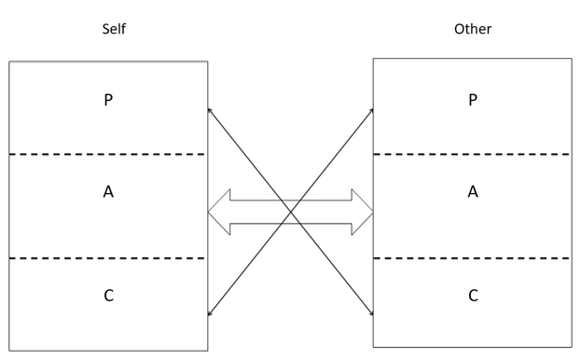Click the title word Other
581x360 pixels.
(x=472, y=29)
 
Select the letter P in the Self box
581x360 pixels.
(x=109, y=102)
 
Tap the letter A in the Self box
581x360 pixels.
(x=109, y=192)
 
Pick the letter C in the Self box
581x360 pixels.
(x=109, y=296)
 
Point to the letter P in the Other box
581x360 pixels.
(x=473, y=102)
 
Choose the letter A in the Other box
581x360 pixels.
(x=473, y=192)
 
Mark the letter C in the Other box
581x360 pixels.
(x=473, y=296)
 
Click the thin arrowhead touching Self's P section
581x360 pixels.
(x=210, y=110)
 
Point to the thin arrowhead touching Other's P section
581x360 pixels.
(x=370, y=110)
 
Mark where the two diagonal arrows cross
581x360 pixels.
(x=291, y=213)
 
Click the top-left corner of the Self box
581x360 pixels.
(x=9, y=62)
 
